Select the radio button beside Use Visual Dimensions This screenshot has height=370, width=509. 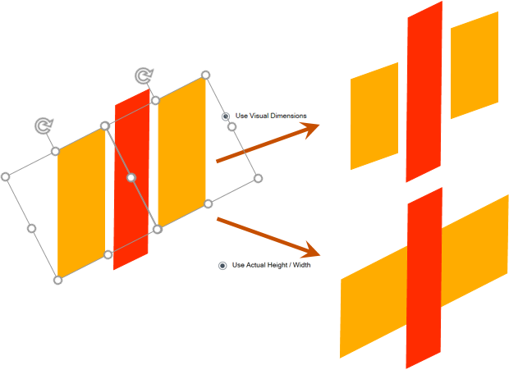[x=226, y=116]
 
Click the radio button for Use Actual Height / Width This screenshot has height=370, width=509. [x=222, y=266]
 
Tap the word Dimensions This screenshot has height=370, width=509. [x=289, y=116]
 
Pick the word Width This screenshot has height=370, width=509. [x=301, y=265]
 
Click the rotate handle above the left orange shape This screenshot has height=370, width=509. [x=44, y=126]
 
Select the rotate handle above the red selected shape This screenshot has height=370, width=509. [x=144, y=75]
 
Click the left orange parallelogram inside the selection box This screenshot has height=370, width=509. [x=81, y=203]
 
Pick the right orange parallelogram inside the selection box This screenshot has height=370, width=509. [x=181, y=152]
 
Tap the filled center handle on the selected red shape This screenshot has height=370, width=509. [x=131, y=178]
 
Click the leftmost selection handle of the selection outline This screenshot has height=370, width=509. [x=6, y=176]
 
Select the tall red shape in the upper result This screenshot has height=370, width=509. [x=424, y=92]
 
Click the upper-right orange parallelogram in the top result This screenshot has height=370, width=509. [x=475, y=65]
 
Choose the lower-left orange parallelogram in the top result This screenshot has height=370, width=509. [x=374, y=116]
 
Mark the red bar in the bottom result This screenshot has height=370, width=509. [x=424, y=278]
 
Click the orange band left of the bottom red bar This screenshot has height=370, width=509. [x=374, y=302]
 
